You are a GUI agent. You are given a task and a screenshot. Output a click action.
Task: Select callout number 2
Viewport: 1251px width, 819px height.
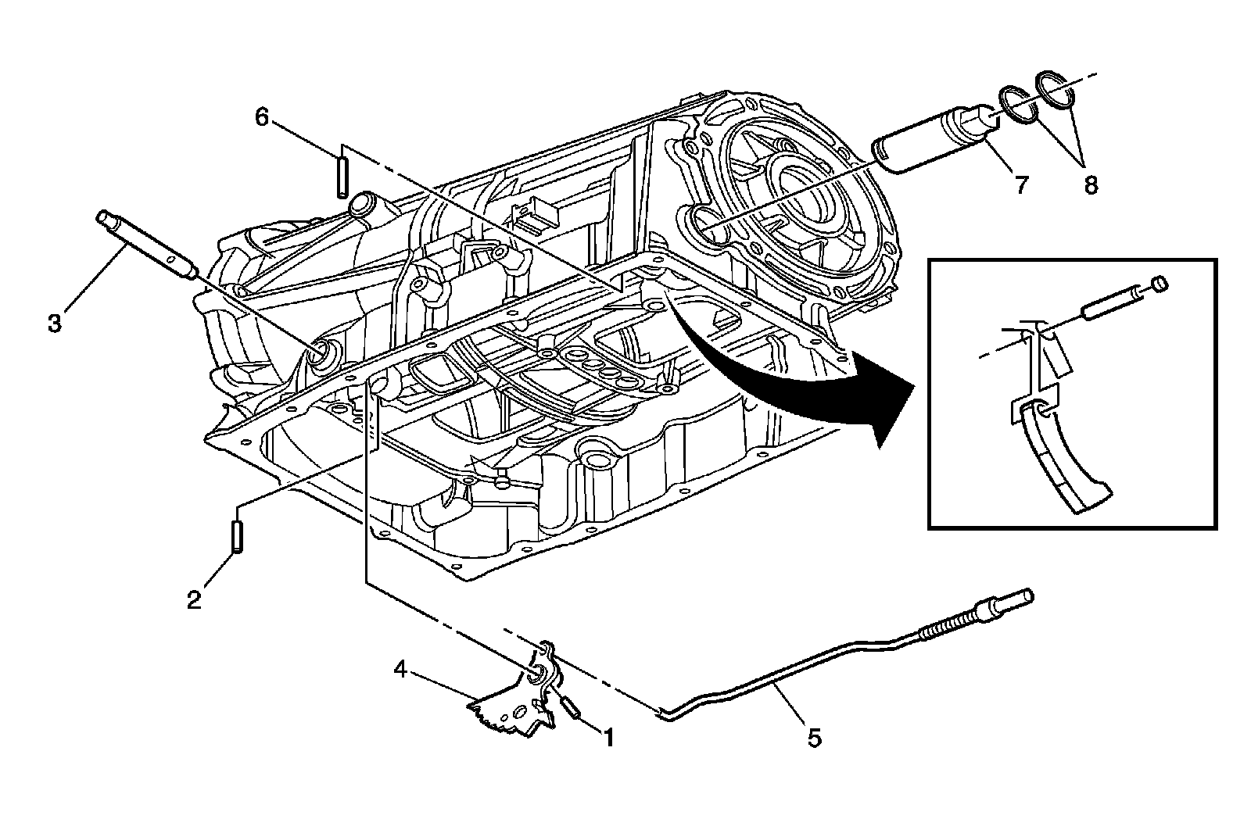(x=194, y=599)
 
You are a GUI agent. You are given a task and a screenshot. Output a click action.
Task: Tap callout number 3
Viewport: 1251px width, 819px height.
(x=54, y=322)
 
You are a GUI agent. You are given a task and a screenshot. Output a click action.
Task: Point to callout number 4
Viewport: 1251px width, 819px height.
(x=400, y=669)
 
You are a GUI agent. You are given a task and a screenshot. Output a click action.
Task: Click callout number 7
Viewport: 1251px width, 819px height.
(x=1021, y=185)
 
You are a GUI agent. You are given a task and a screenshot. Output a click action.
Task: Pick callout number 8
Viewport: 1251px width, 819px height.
(x=1090, y=185)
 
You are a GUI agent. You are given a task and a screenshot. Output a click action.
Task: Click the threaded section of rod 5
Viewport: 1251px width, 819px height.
(x=946, y=625)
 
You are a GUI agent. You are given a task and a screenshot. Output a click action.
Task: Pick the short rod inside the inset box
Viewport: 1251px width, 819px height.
(x=1110, y=302)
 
